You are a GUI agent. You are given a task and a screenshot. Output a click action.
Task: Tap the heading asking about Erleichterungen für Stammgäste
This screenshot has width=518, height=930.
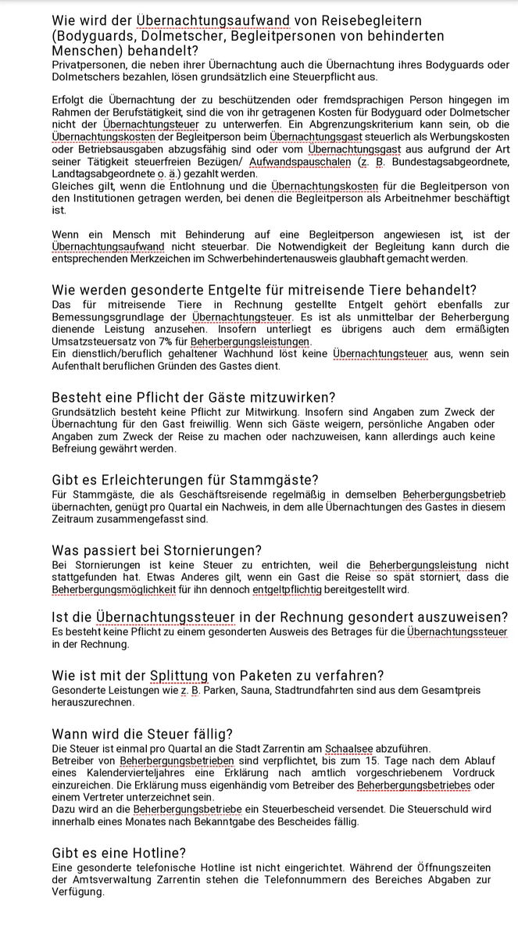(x=185, y=479)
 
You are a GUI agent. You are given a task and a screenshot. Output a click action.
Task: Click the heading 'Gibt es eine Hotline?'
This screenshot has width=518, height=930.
(x=119, y=853)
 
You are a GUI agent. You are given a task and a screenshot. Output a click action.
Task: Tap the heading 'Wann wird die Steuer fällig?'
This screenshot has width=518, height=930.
(x=142, y=734)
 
